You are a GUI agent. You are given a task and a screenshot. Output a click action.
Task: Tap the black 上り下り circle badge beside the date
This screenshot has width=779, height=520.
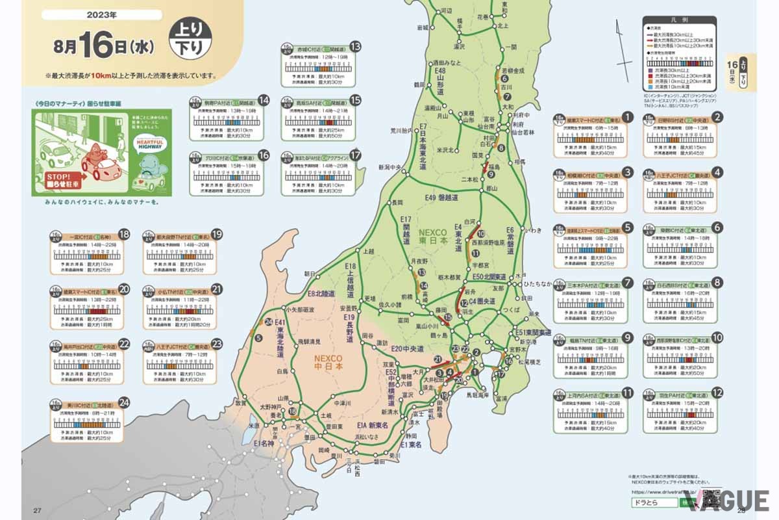click(x=188, y=39)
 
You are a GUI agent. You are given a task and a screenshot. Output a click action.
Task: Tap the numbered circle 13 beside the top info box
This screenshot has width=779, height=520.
click(x=355, y=47)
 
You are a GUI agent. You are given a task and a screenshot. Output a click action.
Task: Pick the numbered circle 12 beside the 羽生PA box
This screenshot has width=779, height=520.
click(x=717, y=393)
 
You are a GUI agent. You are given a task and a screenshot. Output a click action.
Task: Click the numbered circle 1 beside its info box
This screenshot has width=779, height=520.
click(x=627, y=118)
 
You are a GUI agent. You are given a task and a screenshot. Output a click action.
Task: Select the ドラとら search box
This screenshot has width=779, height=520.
click(x=652, y=502)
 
